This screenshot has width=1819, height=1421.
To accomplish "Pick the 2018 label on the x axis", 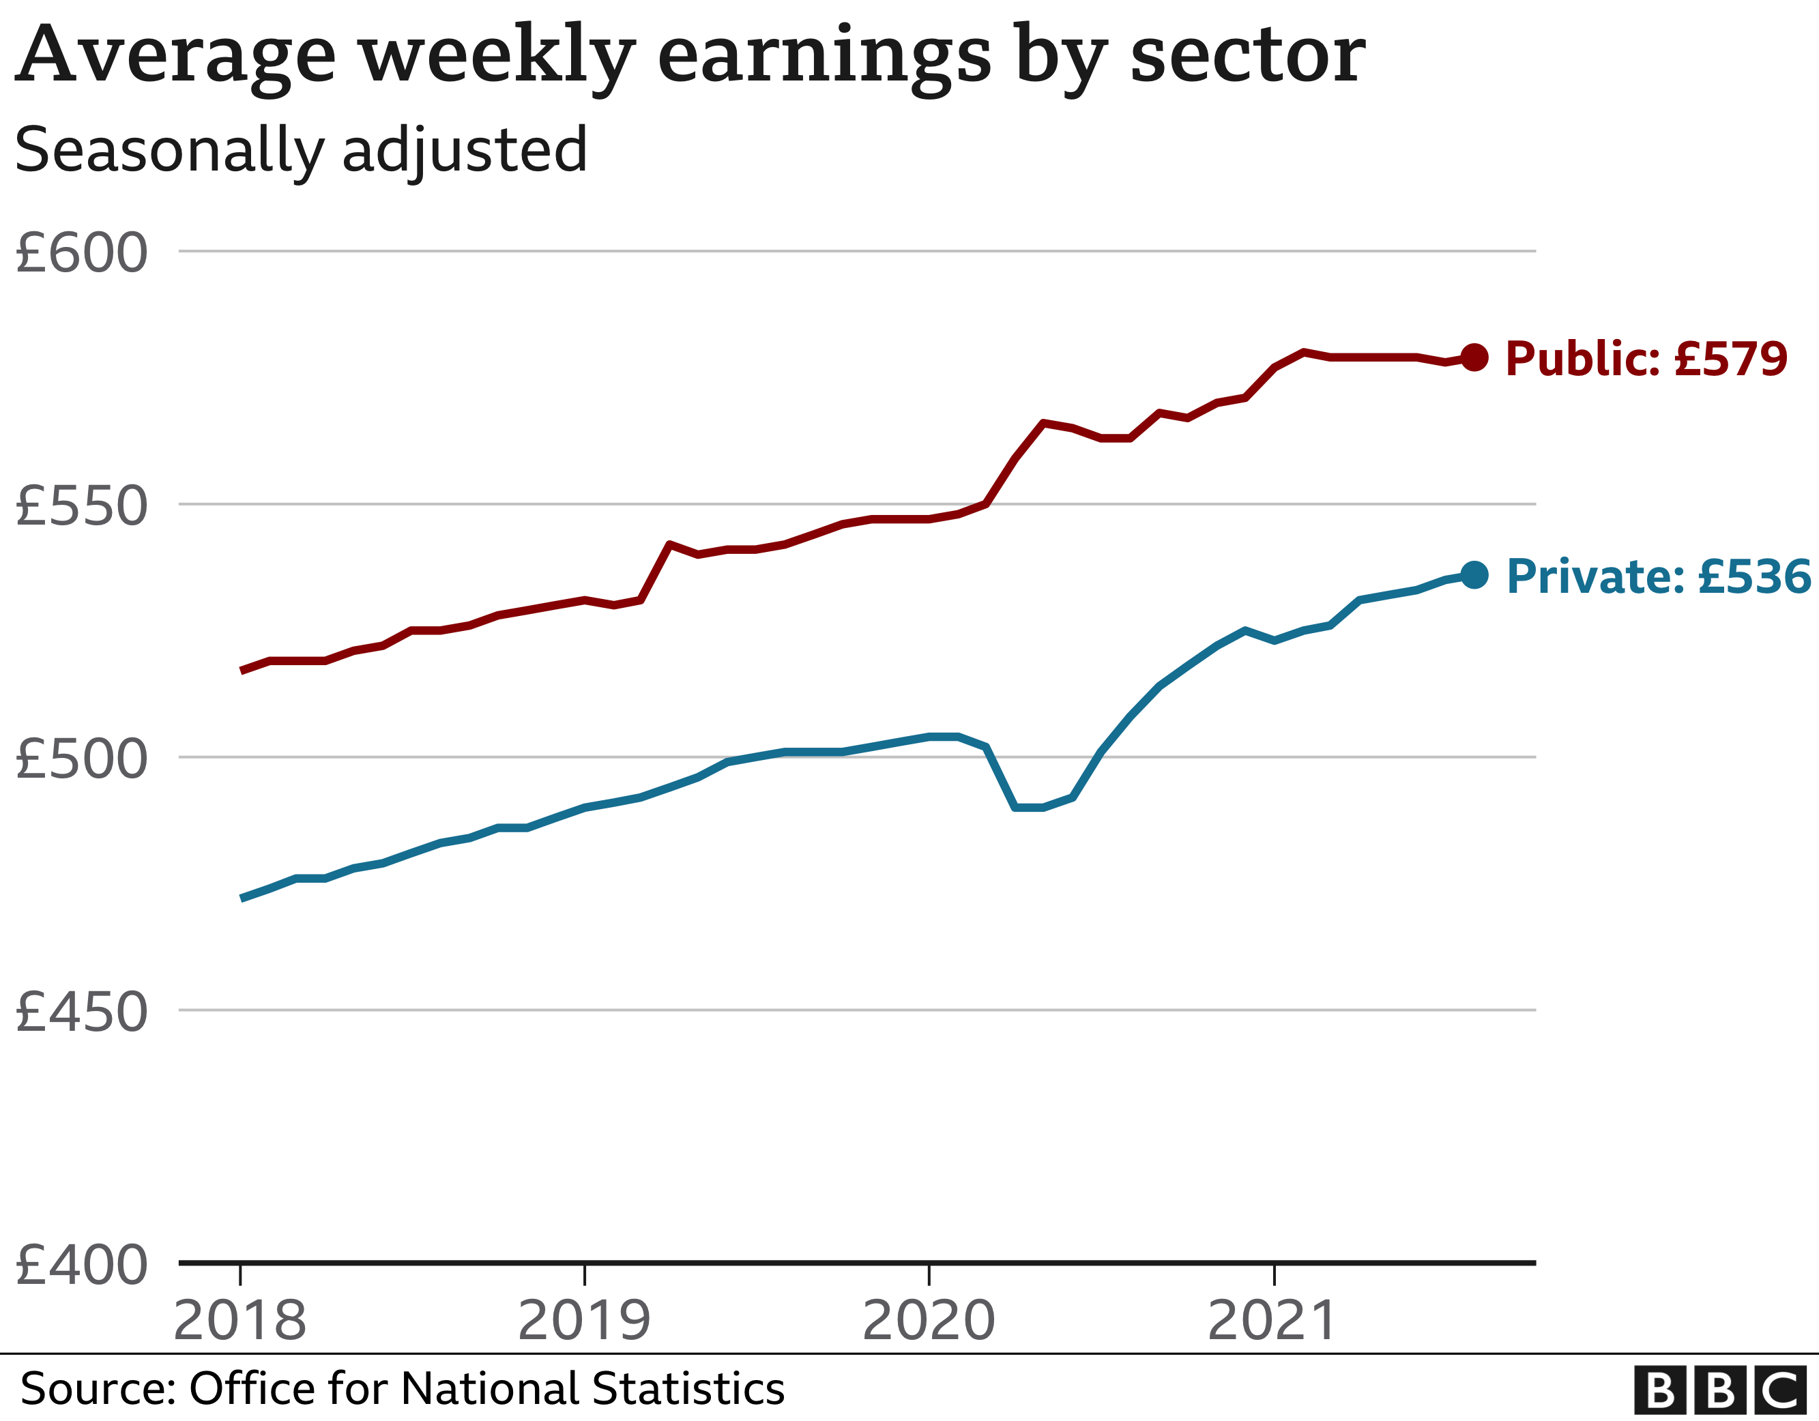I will click(x=240, y=1321).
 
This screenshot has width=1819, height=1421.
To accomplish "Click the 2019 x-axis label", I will click(x=584, y=1321).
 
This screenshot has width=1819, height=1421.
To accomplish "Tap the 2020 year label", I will click(x=929, y=1321).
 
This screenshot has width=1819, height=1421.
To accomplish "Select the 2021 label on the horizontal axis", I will click(x=1272, y=1321).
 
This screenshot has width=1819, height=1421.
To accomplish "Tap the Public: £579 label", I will click(x=1646, y=359).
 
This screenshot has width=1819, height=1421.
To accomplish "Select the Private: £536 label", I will click(x=1657, y=576).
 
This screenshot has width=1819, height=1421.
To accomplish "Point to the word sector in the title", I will click(x=1247, y=57).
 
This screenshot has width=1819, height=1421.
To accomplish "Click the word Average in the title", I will click(x=176, y=57).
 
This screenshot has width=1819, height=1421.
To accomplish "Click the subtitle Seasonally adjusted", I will click(x=301, y=151).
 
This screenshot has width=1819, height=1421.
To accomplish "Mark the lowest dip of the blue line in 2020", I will click(x=1029, y=807).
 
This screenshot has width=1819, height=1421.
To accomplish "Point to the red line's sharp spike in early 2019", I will click(x=669, y=545).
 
